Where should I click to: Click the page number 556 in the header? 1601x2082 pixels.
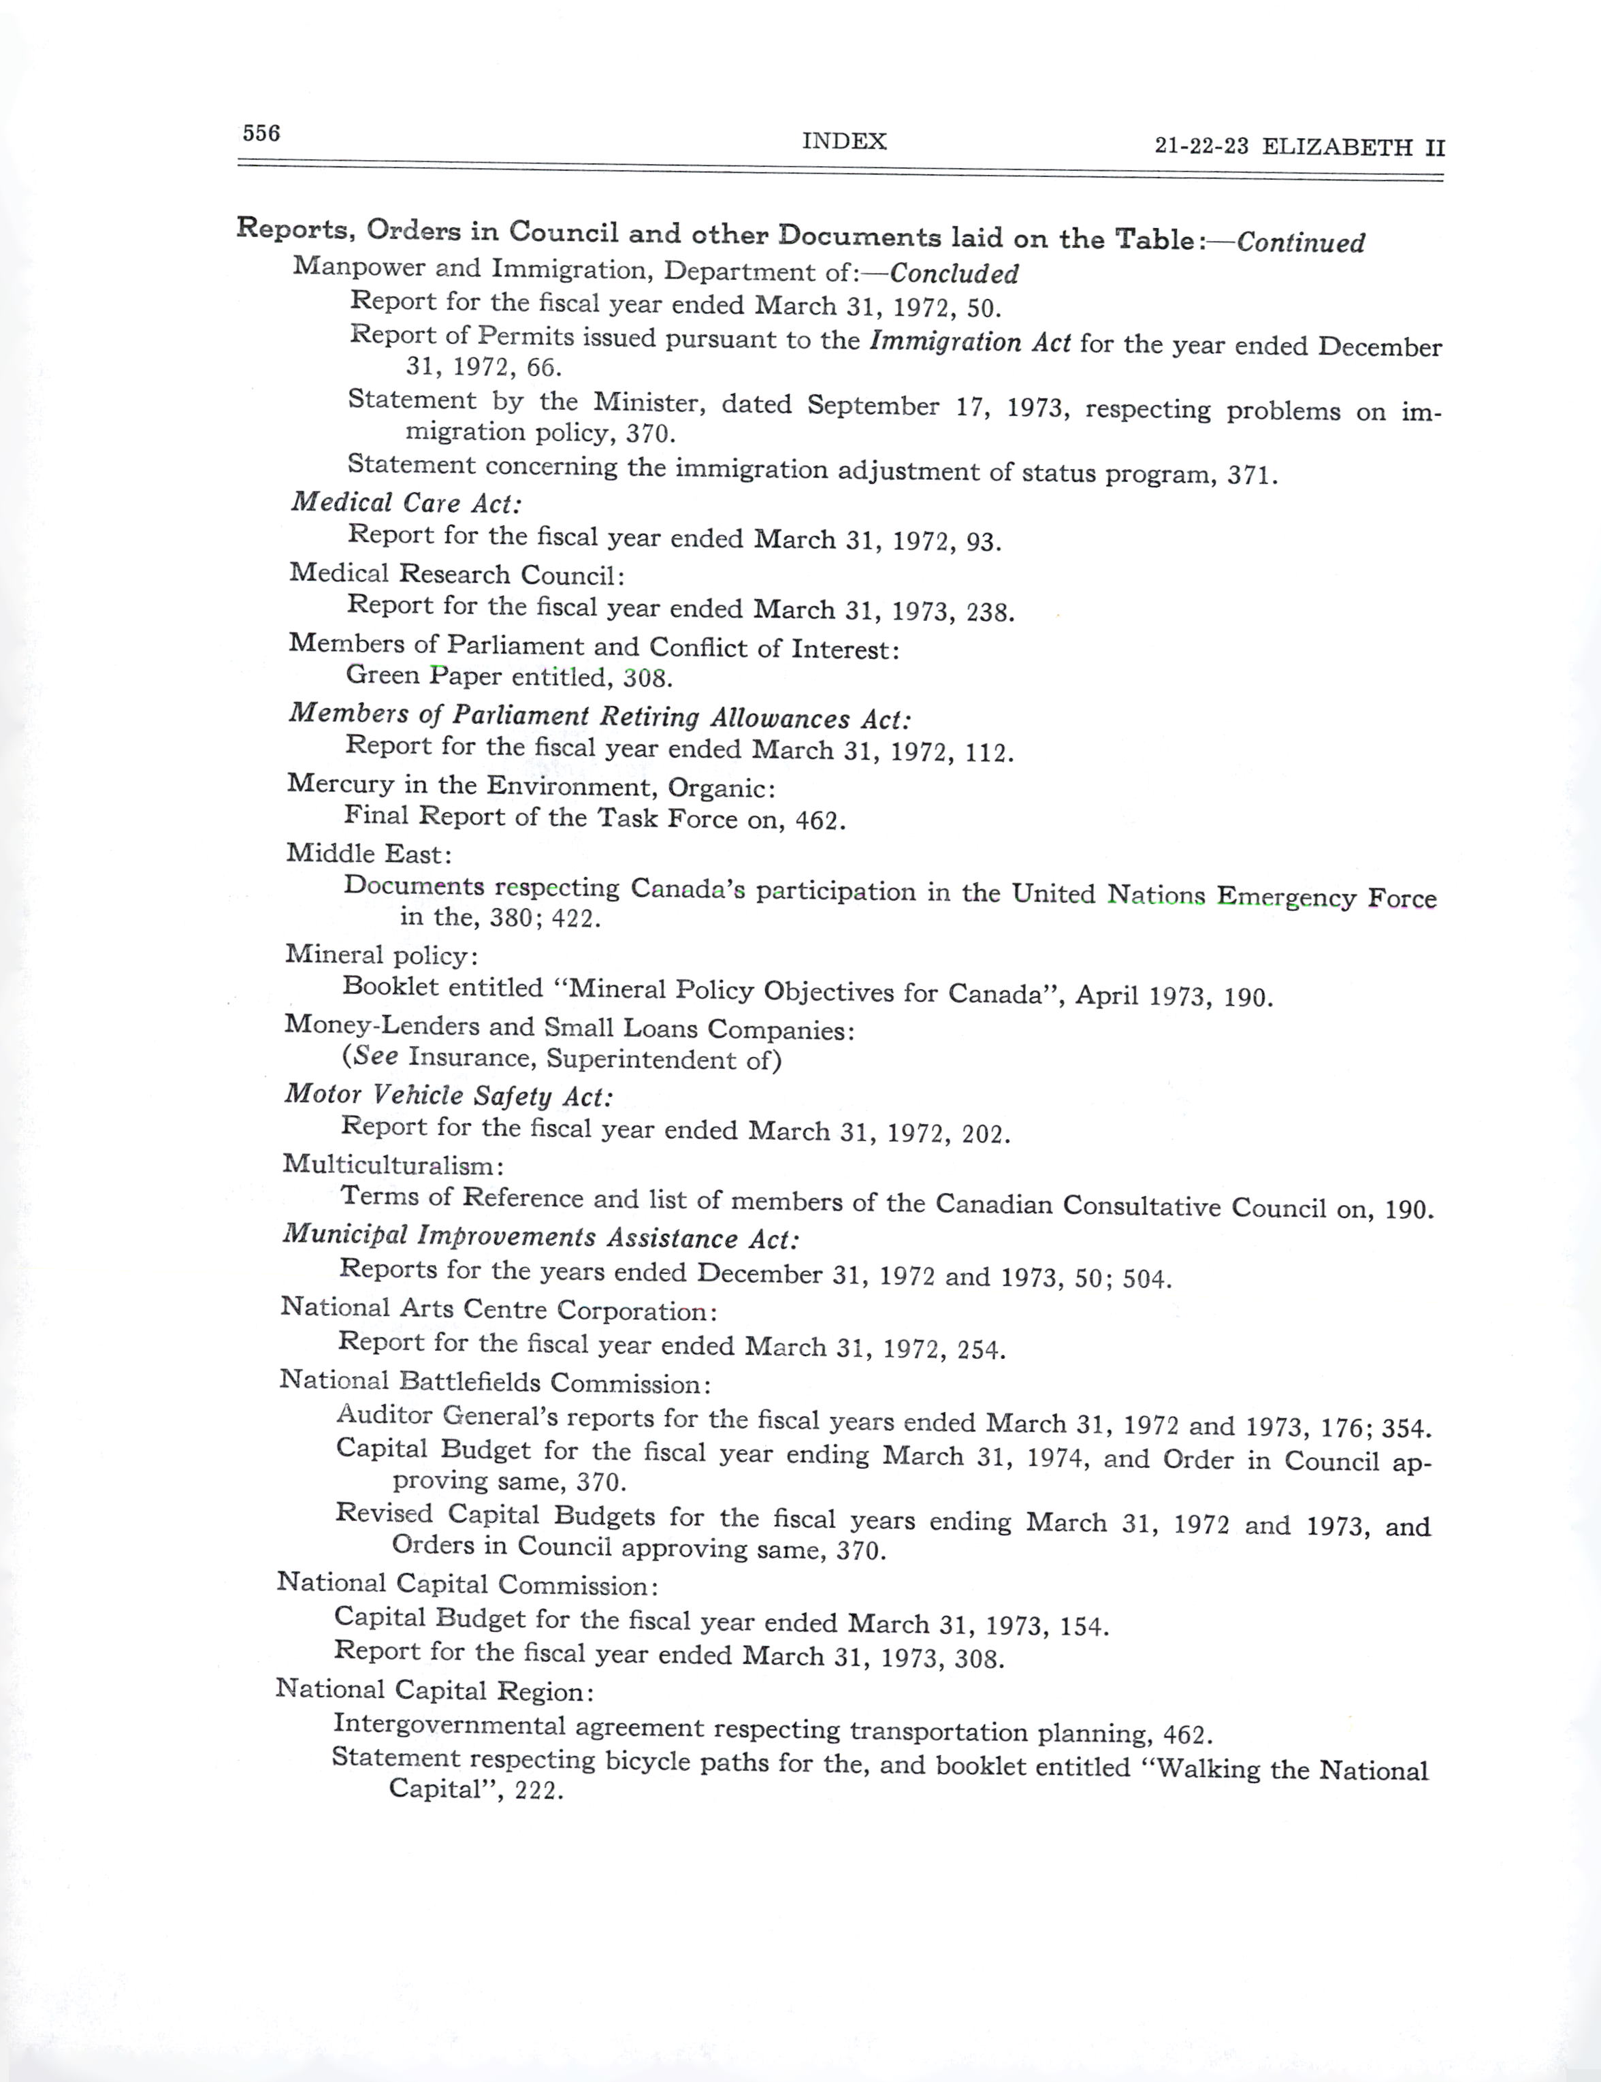pyautogui.click(x=261, y=133)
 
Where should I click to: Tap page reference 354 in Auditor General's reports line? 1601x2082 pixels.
pyautogui.click(x=1406, y=1428)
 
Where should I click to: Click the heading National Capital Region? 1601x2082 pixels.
pyautogui.click(x=434, y=1691)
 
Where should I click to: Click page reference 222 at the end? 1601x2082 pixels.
pyautogui.click(x=538, y=1791)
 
